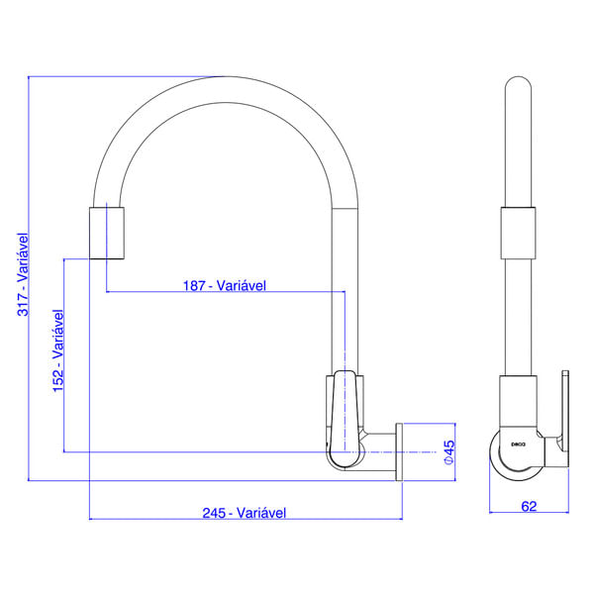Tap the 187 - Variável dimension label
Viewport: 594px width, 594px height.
pos(225,285)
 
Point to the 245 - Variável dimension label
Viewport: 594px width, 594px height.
pos(245,513)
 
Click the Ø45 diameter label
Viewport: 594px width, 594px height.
pos(447,453)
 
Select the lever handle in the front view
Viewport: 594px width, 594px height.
pos(343,416)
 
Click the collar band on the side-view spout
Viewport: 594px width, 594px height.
pos(519,232)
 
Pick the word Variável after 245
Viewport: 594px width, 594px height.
pos(262,513)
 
